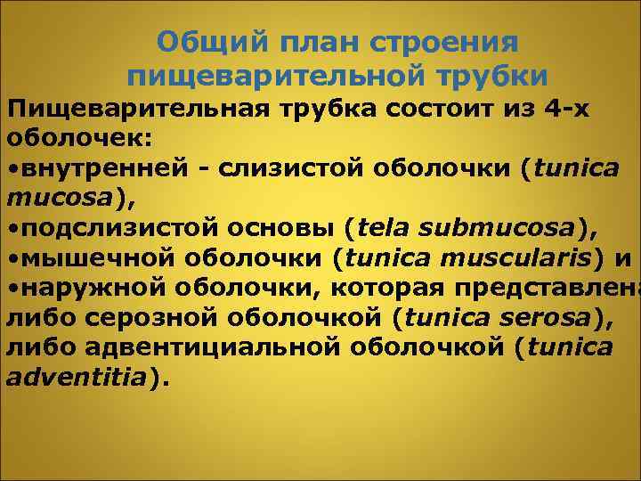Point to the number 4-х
click(x=568, y=109)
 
